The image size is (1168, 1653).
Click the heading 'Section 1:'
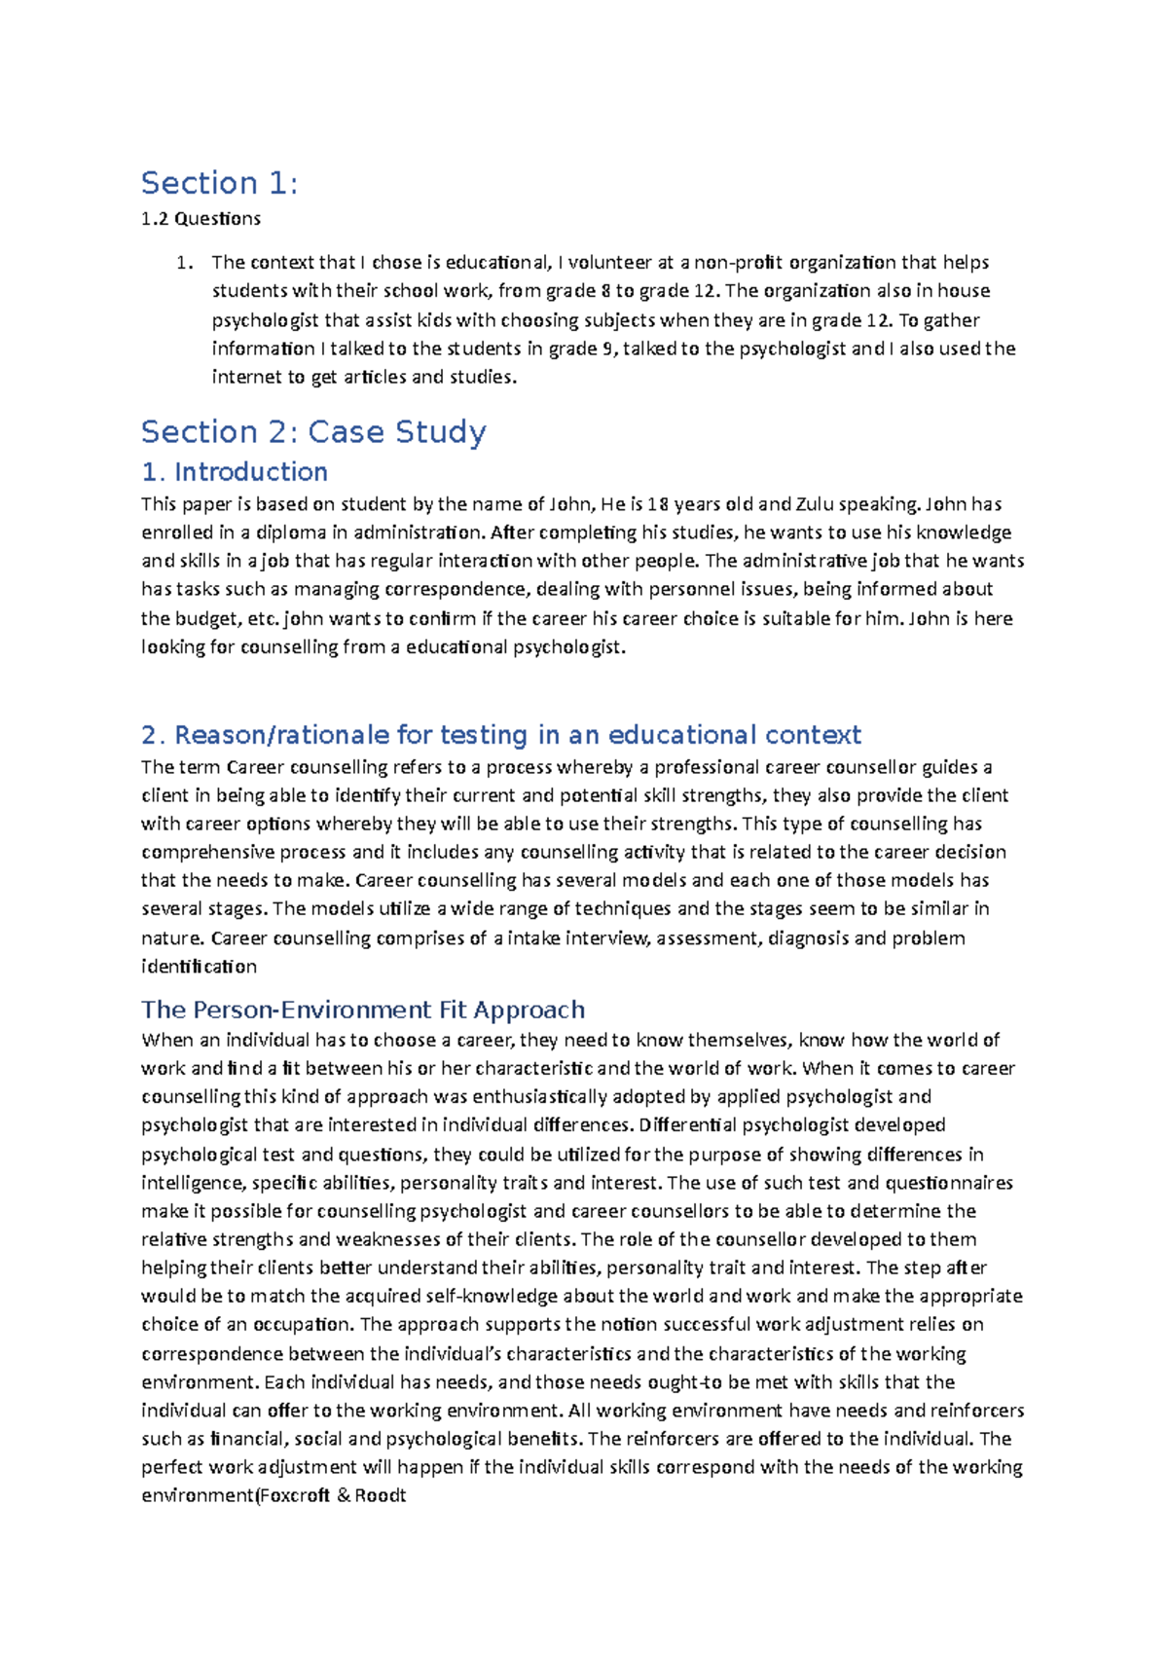[219, 183]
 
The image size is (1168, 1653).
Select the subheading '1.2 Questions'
[201, 219]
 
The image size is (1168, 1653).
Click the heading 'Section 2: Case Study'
[313, 431]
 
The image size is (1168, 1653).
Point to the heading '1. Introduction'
[235, 472]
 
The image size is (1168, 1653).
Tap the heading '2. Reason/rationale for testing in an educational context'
[501, 735]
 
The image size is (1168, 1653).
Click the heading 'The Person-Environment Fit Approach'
[363, 1010]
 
